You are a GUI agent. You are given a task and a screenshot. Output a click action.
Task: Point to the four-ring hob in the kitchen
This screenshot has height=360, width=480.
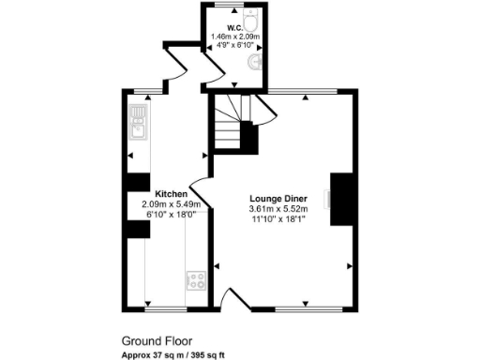click(196, 278)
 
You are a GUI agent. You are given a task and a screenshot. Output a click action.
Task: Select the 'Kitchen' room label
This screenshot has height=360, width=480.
click(157, 194)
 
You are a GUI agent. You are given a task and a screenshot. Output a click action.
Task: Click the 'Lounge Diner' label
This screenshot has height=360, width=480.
click(280, 198)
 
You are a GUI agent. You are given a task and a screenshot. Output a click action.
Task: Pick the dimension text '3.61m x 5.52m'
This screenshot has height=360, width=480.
click(280, 208)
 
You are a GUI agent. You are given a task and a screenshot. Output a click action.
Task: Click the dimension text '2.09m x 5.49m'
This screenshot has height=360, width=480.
click(166, 204)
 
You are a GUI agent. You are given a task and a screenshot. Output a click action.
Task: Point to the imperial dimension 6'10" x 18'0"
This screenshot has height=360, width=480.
click(166, 215)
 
